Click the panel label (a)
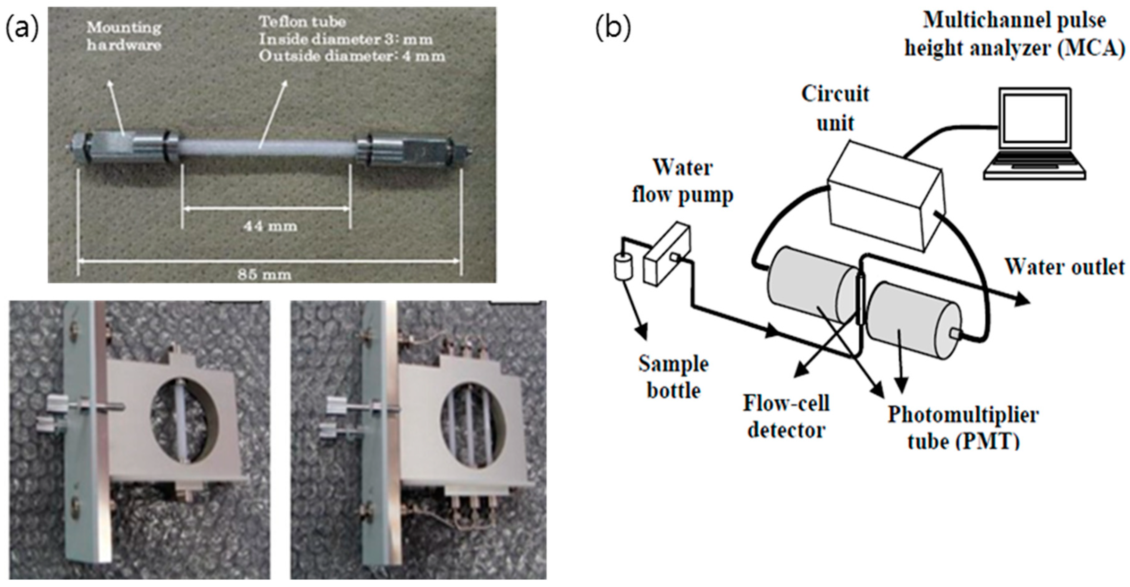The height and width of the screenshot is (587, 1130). tap(22, 28)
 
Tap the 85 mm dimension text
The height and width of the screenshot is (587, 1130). tap(264, 275)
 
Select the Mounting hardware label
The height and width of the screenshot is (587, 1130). tap(124, 36)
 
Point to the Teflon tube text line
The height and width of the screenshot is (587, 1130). tap(302, 22)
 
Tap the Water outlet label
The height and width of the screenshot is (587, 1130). tap(1065, 267)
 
